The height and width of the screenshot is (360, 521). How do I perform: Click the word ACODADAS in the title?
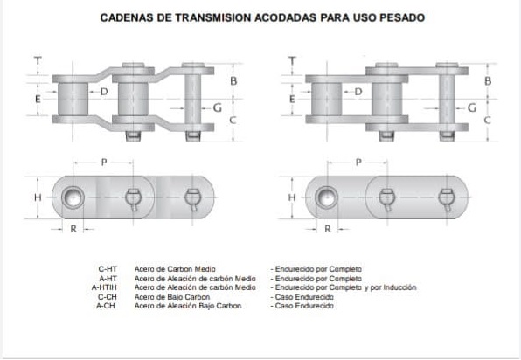(x=286, y=17)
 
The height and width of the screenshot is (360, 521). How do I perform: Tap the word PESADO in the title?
(x=402, y=17)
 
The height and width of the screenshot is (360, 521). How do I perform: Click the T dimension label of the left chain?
(x=38, y=61)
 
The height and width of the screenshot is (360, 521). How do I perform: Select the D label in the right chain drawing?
(x=358, y=92)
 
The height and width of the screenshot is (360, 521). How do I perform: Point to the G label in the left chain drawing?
(x=218, y=107)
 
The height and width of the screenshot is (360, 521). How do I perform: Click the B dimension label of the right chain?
(x=488, y=80)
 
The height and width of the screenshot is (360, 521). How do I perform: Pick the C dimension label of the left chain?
(x=233, y=120)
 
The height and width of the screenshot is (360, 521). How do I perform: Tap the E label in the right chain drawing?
(x=292, y=99)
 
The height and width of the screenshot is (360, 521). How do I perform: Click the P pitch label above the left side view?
(x=104, y=163)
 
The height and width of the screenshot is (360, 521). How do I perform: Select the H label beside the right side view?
(x=292, y=197)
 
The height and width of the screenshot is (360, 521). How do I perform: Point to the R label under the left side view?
(x=73, y=229)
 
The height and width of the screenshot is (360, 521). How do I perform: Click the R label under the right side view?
(x=328, y=229)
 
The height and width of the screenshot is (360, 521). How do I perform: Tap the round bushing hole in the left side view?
(x=73, y=197)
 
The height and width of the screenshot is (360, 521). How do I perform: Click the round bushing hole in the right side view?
(x=326, y=197)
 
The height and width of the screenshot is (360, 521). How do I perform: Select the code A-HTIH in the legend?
(x=104, y=287)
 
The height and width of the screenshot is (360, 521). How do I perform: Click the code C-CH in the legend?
(x=107, y=297)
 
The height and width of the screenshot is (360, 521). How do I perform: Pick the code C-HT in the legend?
(x=108, y=269)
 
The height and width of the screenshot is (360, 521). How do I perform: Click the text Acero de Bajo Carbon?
(x=172, y=297)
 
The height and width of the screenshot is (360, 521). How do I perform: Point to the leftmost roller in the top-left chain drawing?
(x=73, y=100)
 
